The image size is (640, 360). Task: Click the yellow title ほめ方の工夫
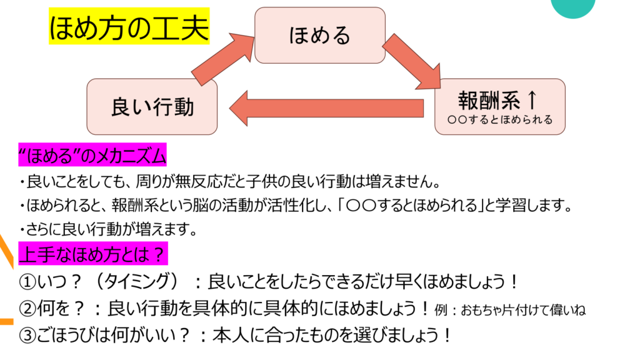click(129, 26)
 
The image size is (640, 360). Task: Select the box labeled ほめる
click(320, 35)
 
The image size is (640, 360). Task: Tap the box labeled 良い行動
click(152, 106)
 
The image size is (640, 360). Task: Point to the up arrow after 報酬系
click(532, 99)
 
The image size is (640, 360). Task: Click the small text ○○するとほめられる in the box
click(500, 119)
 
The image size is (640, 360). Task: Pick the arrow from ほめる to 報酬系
click(412, 62)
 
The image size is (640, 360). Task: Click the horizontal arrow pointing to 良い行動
click(326, 108)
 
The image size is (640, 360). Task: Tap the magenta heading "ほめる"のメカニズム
click(92, 155)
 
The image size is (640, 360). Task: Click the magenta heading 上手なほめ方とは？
click(93, 254)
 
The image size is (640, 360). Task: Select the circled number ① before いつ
click(27, 281)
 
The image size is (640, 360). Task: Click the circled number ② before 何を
click(27, 309)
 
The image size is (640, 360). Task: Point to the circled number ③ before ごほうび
click(27, 336)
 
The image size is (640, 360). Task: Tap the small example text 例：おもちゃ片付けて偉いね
click(510, 310)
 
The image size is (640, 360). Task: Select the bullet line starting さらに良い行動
click(108, 229)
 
